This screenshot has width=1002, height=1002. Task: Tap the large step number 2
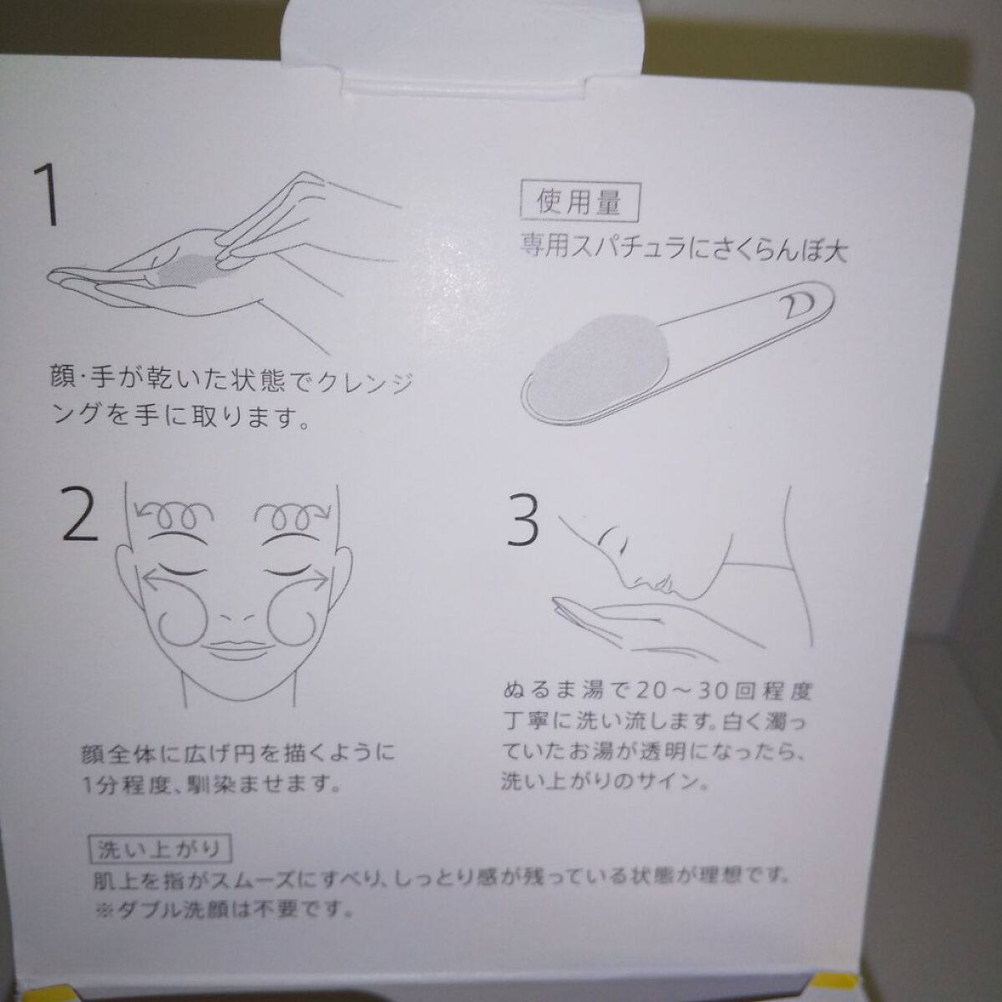(79, 514)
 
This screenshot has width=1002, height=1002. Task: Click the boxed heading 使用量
(579, 203)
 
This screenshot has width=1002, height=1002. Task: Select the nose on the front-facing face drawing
(231, 620)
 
